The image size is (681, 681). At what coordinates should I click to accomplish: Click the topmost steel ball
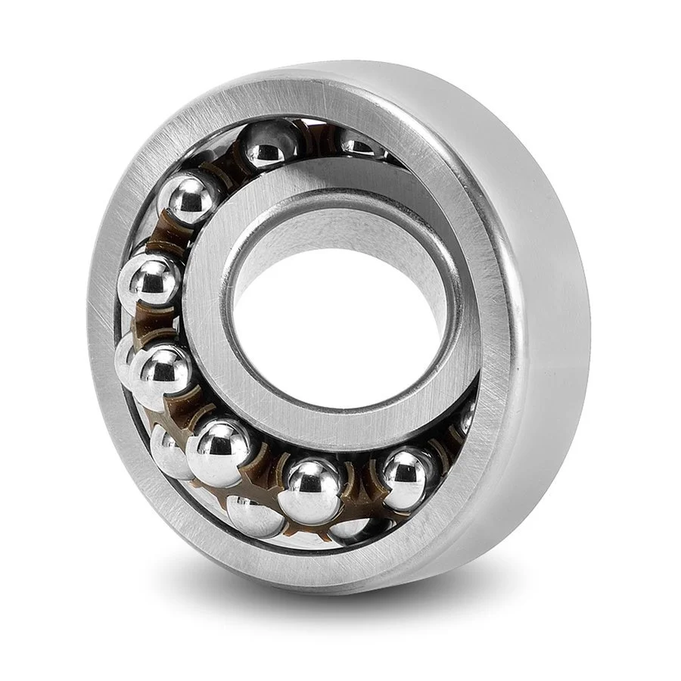pos(270,144)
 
